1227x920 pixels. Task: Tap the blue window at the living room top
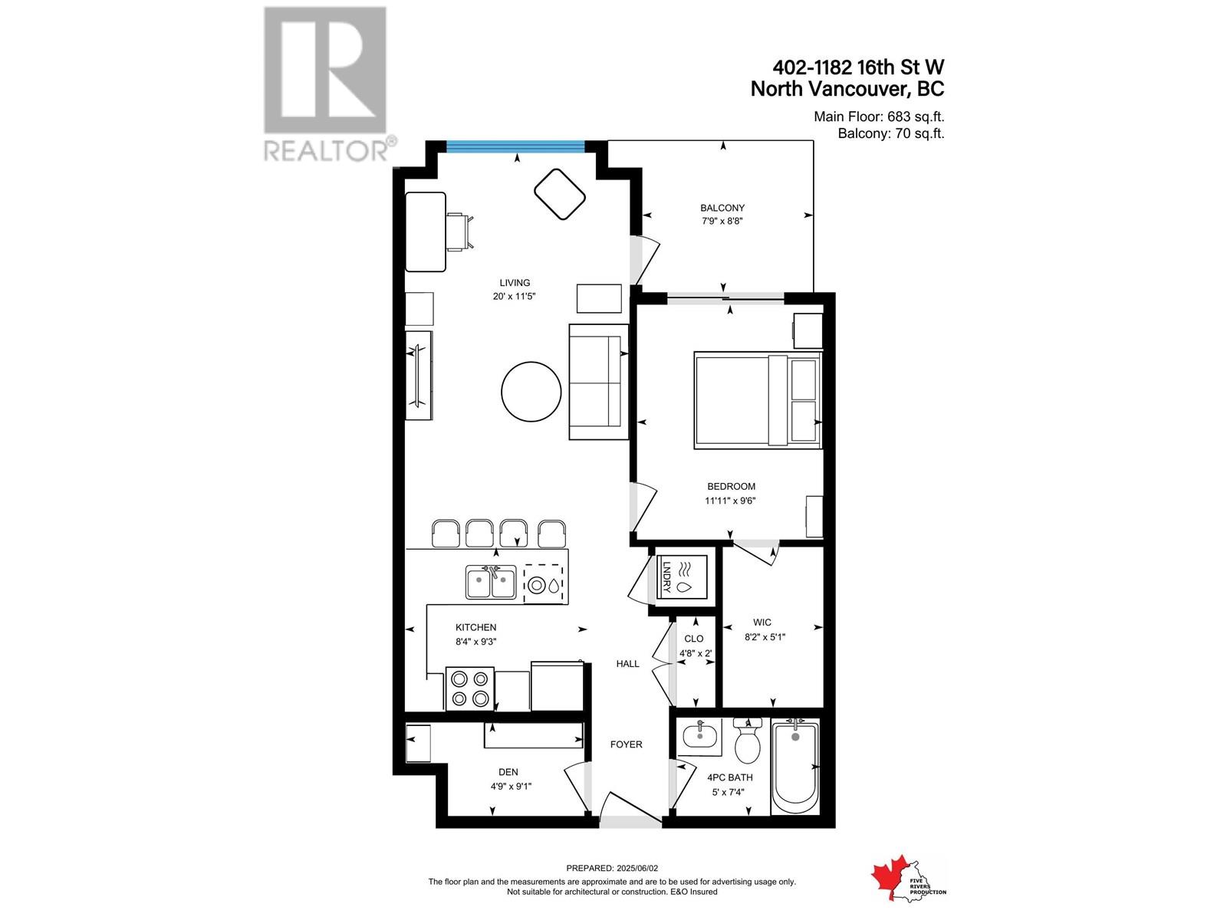pos(515,147)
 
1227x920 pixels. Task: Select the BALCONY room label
pos(722,208)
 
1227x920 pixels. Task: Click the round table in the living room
pos(531,392)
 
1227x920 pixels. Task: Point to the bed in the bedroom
pos(758,400)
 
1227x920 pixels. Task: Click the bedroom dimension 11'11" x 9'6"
pos(730,501)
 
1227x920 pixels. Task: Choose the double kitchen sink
pos(492,582)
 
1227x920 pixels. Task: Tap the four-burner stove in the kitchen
pos(469,689)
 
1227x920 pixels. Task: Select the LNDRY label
pos(665,576)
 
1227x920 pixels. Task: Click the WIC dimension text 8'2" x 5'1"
pos(765,637)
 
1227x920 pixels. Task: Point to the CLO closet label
pos(694,639)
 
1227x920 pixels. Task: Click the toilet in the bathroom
pos(748,741)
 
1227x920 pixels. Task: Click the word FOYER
pos(626,744)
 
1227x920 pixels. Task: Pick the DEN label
pos(508,772)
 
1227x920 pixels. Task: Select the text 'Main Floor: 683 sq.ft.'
pos(879,117)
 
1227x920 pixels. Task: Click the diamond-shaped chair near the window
pos(560,195)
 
